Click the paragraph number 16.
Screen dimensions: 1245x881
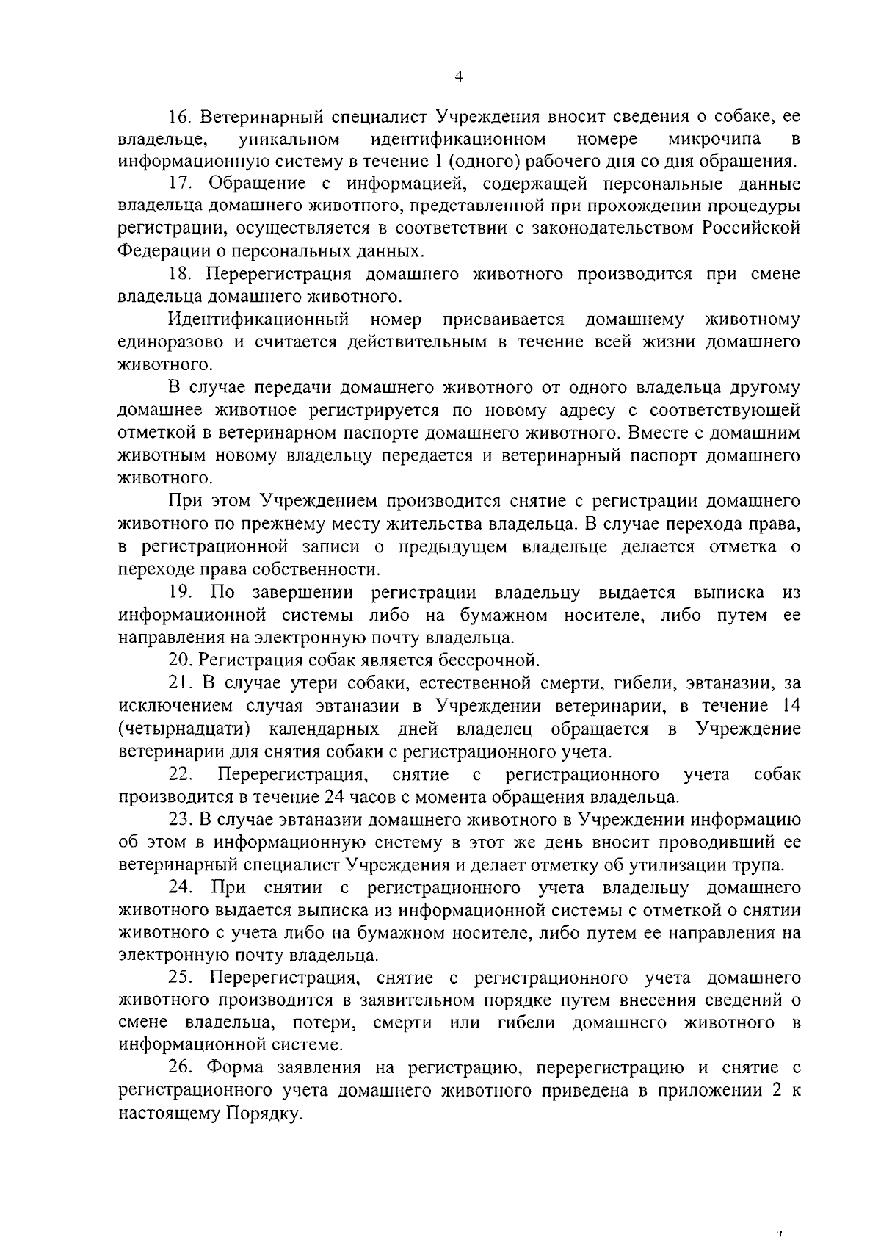tap(180, 117)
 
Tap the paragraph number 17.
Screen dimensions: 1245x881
tap(180, 184)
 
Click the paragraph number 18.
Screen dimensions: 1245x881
tap(180, 274)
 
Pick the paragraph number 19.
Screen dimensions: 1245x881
tap(181, 592)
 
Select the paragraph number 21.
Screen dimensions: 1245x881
tap(180, 683)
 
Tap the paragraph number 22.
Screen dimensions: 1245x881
tap(181, 774)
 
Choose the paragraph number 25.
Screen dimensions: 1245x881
tap(181, 978)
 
